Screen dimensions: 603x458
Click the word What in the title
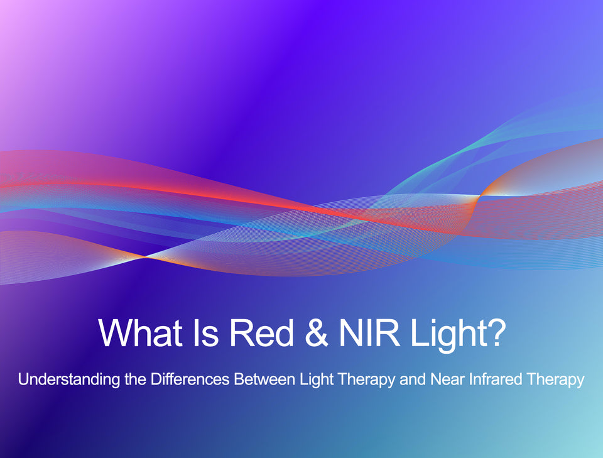tap(140, 332)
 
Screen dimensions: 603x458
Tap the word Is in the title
tap(206, 332)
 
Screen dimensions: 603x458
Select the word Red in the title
tap(261, 332)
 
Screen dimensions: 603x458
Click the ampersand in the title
tap(317, 332)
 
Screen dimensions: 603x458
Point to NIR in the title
tap(369, 332)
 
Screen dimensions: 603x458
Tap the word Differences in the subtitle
tap(190, 379)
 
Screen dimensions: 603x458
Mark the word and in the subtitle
tap(413, 379)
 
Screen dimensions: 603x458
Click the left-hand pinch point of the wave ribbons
tap(145, 256)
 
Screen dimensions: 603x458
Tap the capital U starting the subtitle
tap(23, 379)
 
